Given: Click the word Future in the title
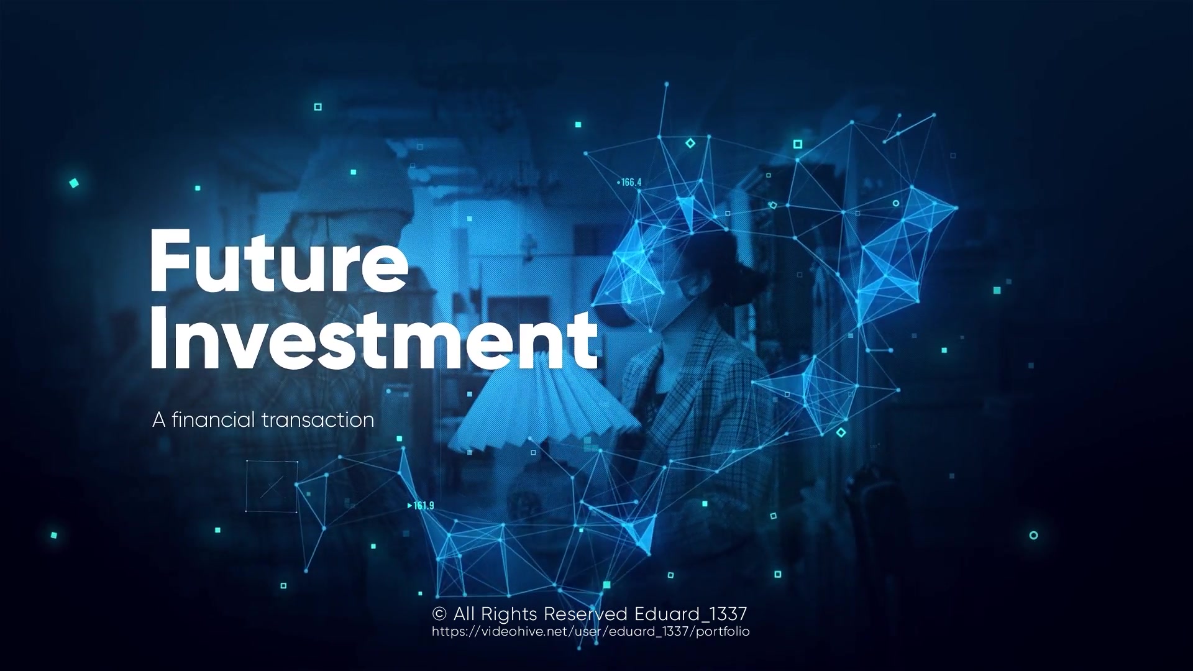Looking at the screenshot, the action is click(279, 261).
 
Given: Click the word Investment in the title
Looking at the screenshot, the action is click(373, 339).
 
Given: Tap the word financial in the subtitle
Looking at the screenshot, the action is click(213, 419).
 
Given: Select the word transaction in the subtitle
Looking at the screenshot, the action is click(318, 420).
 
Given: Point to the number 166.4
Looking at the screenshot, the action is click(630, 183).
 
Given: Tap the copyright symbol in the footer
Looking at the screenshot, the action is click(439, 614).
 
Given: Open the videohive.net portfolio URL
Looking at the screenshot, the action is click(591, 632).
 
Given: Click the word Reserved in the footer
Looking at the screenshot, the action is click(586, 614).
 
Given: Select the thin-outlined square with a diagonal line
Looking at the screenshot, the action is click(272, 486).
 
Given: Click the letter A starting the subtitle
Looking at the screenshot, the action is click(159, 420).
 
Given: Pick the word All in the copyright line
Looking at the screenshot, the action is click(465, 614).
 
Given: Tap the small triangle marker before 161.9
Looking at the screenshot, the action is click(409, 506).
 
